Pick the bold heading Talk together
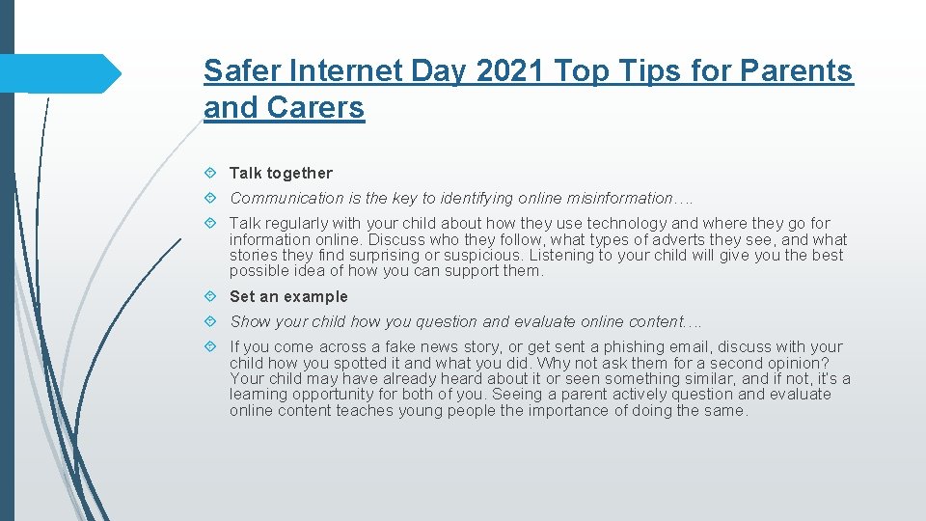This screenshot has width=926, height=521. (x=281, y=173)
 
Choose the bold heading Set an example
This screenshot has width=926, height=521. (x=288, y=296)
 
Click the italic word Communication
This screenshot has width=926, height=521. (x=286, y=198)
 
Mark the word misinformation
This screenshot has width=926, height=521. (x=620, y=198)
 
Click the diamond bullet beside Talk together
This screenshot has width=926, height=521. (x=211, y=173)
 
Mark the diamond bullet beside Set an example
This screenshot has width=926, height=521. (x=211, y=296)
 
